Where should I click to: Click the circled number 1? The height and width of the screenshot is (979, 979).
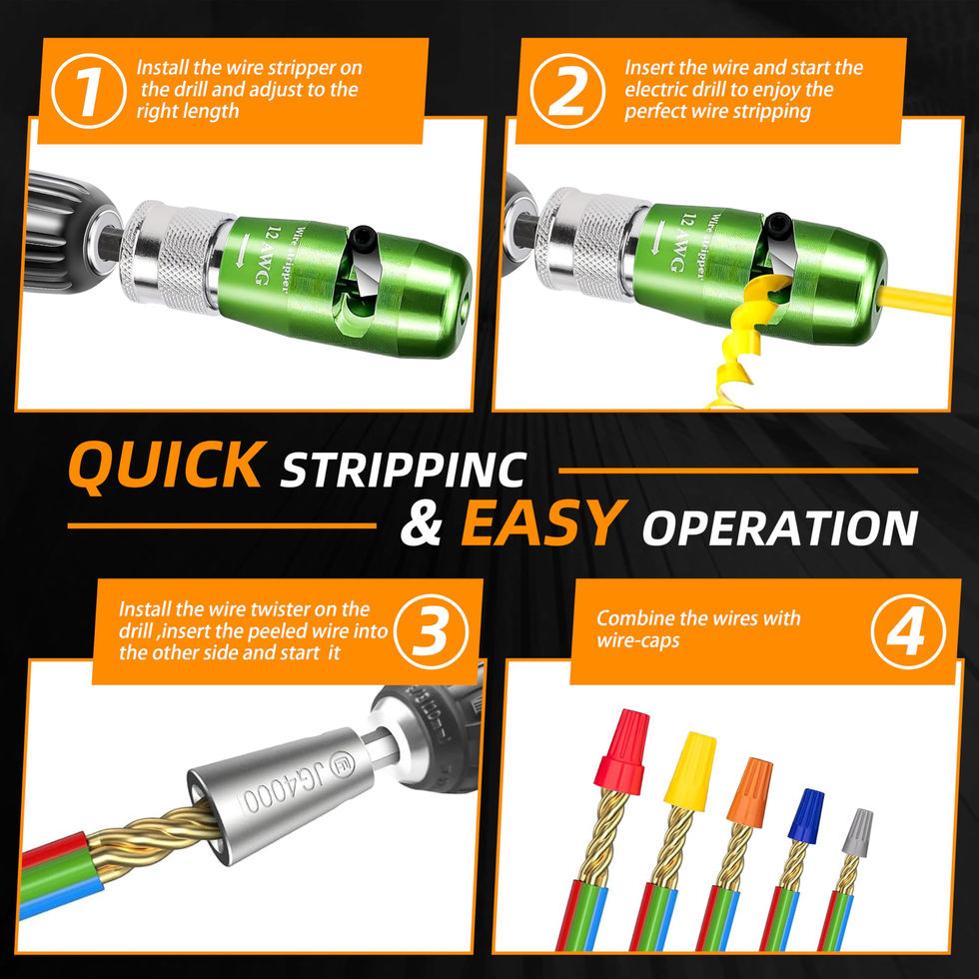tap(89, 91)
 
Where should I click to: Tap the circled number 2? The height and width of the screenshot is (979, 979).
tap(567, 91)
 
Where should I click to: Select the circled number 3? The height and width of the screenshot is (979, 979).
tap(432, 631)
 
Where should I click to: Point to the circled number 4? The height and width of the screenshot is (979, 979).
tap(908, 631)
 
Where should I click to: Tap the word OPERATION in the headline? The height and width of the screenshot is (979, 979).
tap(780, 528)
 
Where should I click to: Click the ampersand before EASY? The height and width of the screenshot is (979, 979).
tap(422, 524)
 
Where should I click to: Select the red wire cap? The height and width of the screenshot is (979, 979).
tap(622, 751)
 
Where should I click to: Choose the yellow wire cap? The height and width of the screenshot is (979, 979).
tap(689, 771)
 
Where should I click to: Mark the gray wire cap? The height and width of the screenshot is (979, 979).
tap(857, 833)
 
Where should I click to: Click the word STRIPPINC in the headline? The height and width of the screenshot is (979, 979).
tap(404, 470)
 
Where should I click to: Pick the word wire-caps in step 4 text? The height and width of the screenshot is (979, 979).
tap(637, 641)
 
